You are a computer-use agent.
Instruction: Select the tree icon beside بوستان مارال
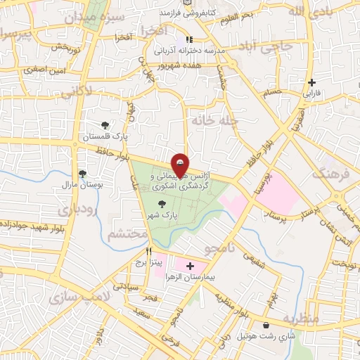click(x=83, y=174)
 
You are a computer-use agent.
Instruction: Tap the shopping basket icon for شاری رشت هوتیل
click(x=267, y=325)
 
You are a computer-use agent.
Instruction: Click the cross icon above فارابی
click(x=311, y=82)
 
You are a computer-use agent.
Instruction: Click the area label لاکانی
click(x=75, y=92)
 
